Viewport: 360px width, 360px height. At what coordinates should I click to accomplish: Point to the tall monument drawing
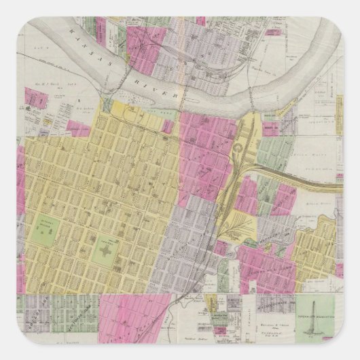314,319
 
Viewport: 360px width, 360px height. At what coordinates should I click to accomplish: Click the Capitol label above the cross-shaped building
105,239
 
